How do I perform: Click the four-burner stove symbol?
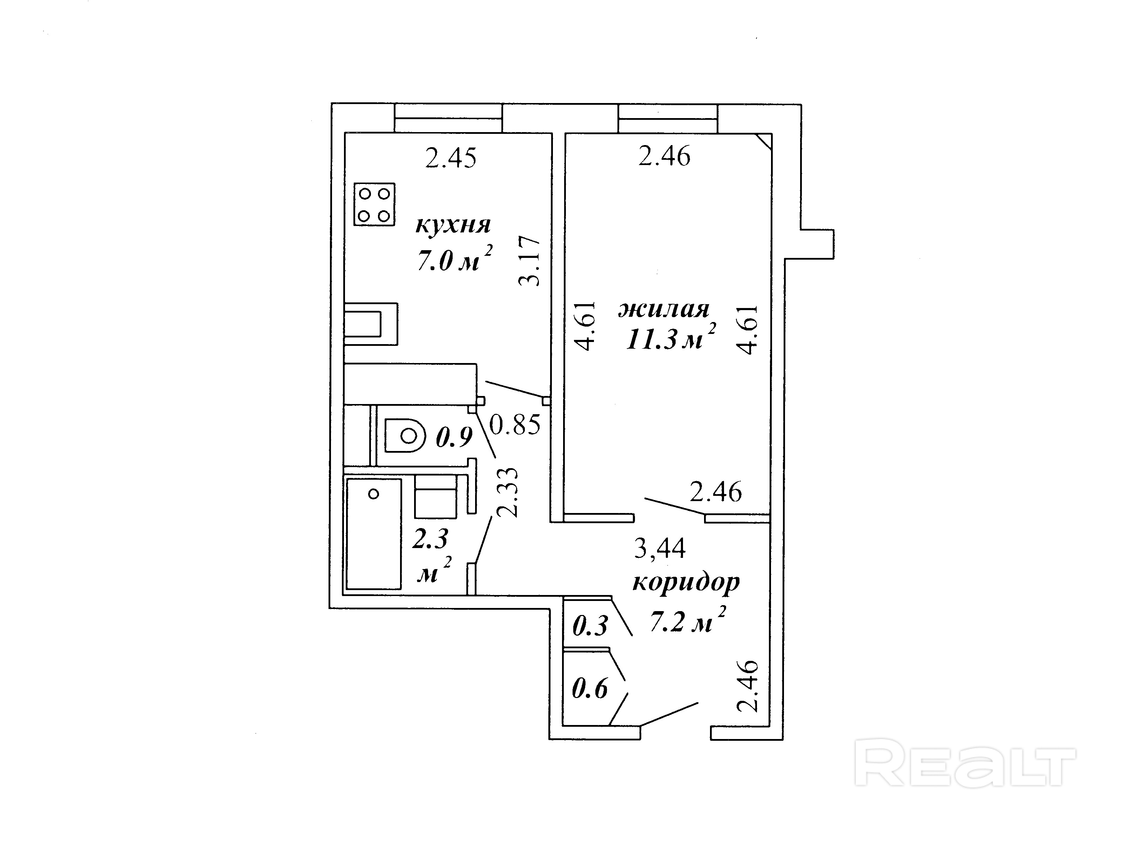point(374,204)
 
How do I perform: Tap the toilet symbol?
point(405,436)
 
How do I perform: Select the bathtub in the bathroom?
point(373,534)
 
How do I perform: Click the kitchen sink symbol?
point(370,324)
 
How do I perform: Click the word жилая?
point(663,309)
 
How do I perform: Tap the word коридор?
point(686,582)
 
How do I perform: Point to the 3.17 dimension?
point(529,261)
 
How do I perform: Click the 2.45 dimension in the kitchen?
point(451,158)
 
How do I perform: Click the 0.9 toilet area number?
point(454,437)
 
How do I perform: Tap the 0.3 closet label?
point(590,626)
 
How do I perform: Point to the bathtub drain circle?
point(374,494)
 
